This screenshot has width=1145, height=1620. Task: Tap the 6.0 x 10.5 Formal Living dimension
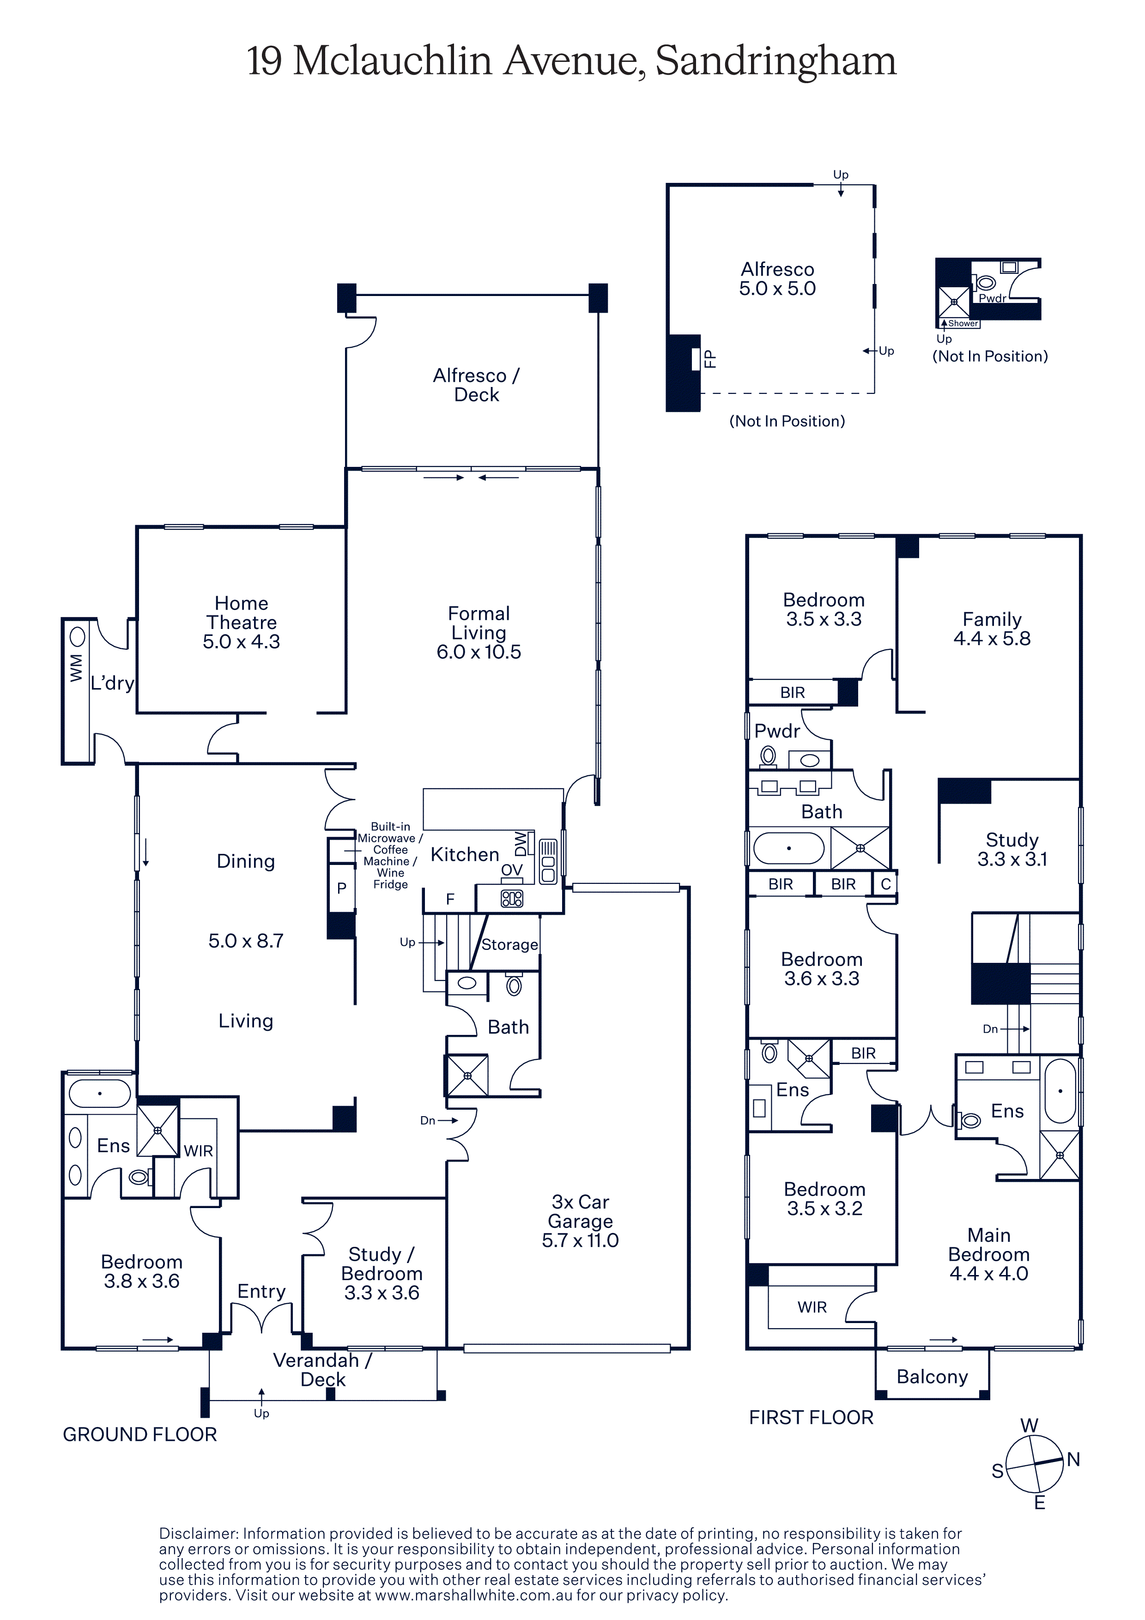pos(479,652)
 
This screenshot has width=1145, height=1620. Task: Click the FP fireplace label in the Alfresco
pos(710,359)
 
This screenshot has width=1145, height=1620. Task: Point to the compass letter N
pos(1073,1459)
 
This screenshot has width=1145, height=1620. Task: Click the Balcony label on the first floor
pos(932,1377)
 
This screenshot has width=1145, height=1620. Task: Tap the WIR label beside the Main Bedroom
pos(812,1307)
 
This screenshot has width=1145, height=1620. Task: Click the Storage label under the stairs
pos(509,945)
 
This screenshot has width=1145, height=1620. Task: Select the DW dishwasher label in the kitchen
pos(521,844)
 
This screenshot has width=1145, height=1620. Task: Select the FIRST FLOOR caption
pos(812,1418)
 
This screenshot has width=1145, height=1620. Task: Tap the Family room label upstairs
pos(992,619)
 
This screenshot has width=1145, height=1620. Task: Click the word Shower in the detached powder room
pos(963,323)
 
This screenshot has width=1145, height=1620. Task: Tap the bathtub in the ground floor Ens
pos(99,1094)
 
